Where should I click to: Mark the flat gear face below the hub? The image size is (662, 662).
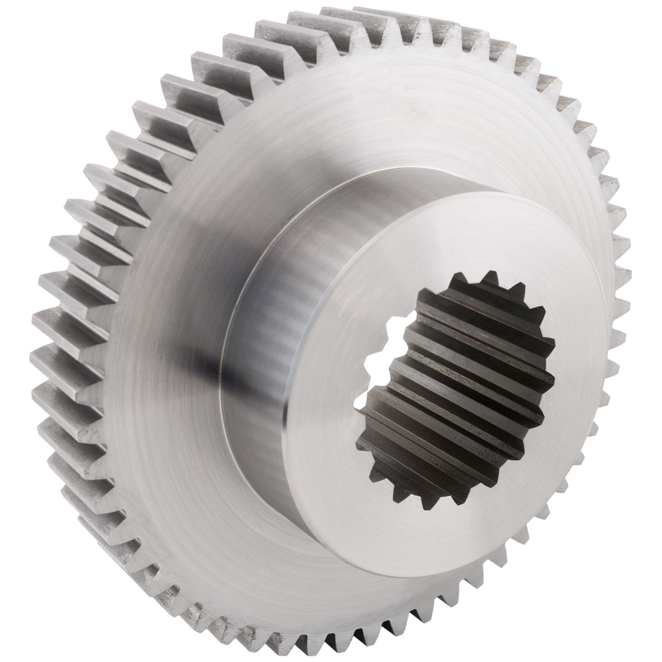280,574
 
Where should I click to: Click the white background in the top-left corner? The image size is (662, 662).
28,28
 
